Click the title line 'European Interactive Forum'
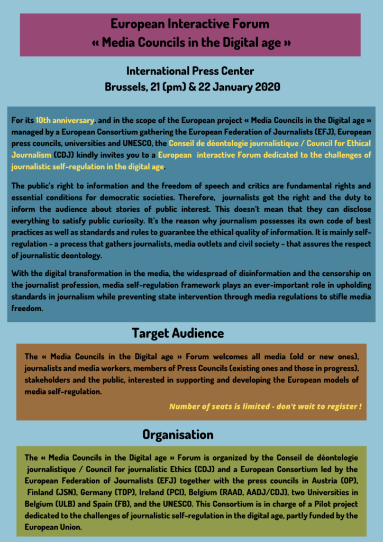pyautogui.click(x=190, y=24)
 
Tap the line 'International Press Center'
pyautogui.click(x=190, y=71)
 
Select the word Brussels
pyautogui.click(x=123, y=87)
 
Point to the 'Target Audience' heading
pyautogui.click(x=178, y=333)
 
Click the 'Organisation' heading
pyautogui.click(x=178, y=435)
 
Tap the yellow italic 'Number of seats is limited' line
pyautogui.click(x=265, y=406)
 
